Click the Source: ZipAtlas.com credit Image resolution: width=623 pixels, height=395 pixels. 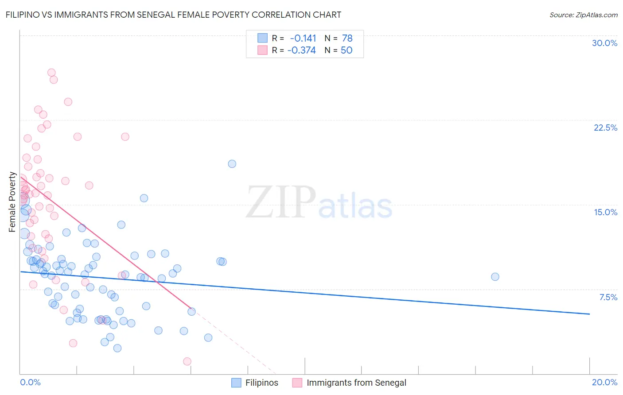point(583,15)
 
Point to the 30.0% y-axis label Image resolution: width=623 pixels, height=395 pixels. point(604,43)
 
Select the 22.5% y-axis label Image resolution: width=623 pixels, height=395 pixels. point(605,128)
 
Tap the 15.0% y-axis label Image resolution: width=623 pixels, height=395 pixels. point(605,212)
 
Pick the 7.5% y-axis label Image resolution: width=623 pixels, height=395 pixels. point(608,297)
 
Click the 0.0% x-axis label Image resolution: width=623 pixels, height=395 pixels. point(30,382)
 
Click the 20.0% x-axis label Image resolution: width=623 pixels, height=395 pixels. point(604,382)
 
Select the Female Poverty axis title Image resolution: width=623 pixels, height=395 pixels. point(12,202)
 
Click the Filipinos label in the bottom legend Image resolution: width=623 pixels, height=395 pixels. point(261,383)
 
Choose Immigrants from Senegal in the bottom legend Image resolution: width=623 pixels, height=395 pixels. point(356,383)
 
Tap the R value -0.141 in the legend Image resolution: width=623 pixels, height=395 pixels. point(303,39)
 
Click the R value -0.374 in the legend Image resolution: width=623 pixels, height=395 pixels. point(301,50)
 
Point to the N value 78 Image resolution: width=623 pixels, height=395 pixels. point(347,39)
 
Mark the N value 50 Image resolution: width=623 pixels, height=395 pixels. point(347,50)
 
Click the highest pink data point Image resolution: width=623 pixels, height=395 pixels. point(51,73)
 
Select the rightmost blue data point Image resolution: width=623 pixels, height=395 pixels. point(495,277)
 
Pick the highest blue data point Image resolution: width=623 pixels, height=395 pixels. point(232,164)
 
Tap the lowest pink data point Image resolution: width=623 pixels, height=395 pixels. point(187,361)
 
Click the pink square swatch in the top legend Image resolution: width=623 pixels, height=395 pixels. point(262,50)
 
